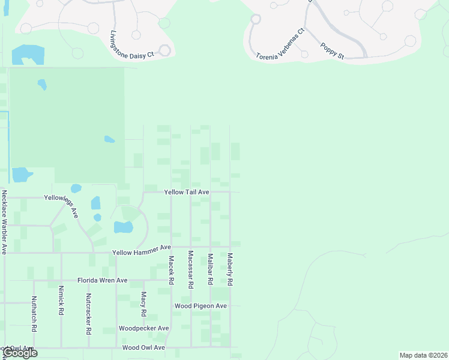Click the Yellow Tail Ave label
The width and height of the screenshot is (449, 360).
coord(187,191)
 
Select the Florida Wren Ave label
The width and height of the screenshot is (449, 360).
coord(103,280)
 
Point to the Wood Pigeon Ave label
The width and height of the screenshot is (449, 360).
coord(200,306)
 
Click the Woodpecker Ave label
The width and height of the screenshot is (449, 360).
coord(143,328)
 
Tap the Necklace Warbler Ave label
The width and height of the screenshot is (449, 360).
coord(4,222)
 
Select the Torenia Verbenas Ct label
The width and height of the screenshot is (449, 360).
coord(280,44)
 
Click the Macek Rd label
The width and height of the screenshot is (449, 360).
coord(171,270)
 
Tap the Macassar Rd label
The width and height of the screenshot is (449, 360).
coord(190,270)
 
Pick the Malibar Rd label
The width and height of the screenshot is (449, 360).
coord(210,269)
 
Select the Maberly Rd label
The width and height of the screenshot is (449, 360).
coord(229,269)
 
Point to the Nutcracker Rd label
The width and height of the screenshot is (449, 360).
coord(89,314)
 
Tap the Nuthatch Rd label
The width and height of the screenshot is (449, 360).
coord(34,314)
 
